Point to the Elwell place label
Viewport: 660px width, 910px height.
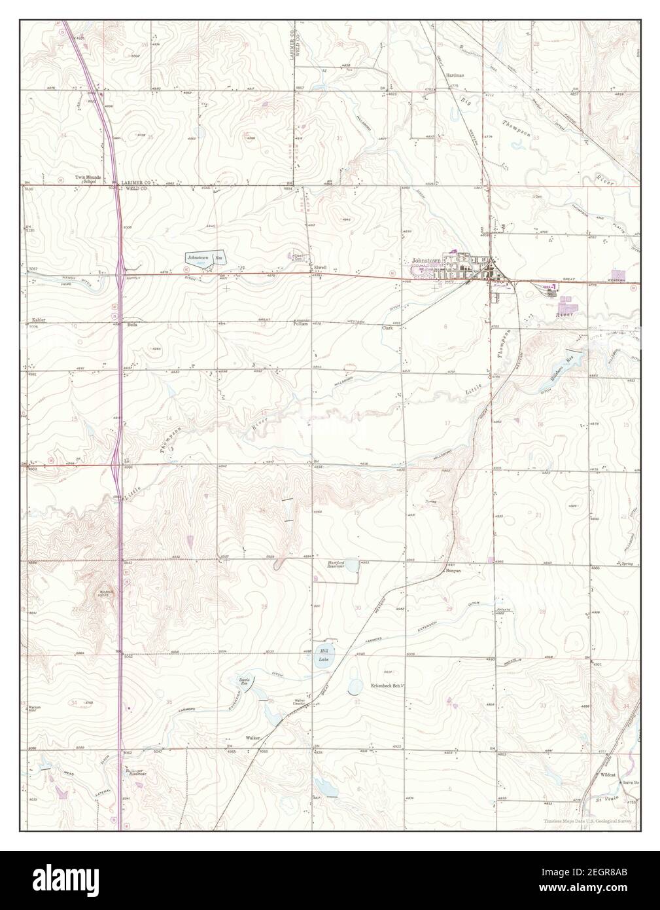pos(320,268)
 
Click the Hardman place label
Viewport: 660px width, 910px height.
pos(455,76)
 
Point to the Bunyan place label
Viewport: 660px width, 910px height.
pos(454,571)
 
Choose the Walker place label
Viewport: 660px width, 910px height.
pos(253,737)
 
